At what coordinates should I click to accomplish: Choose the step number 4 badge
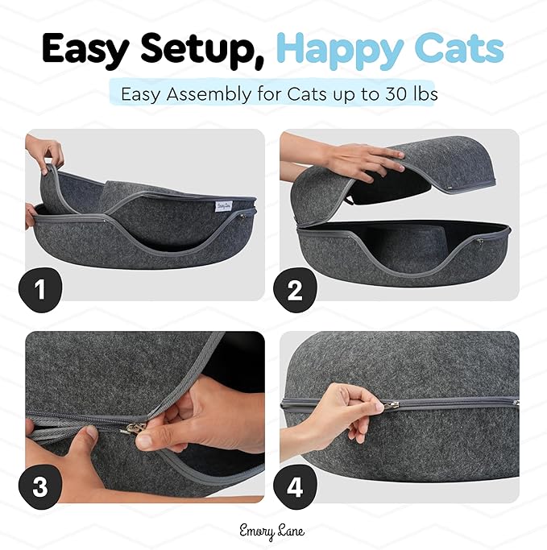click(x=295, y=487)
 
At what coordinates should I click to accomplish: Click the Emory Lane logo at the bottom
click(x=274, y=531)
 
